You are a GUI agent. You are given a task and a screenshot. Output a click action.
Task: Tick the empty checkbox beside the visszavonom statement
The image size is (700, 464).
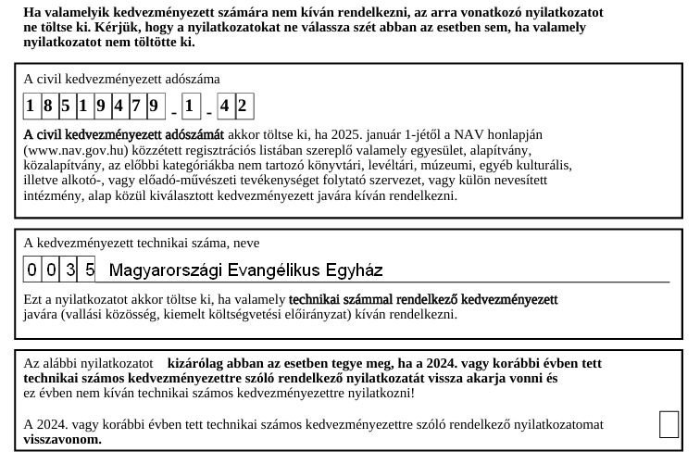(x=669, y=424)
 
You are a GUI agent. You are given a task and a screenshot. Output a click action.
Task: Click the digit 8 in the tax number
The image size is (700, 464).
(x=48, y=106)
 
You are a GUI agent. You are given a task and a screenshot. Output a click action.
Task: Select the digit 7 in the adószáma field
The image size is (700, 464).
(x=137, y=106)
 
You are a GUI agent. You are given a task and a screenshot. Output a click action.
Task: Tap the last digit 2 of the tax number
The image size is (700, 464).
(x=244, y=106)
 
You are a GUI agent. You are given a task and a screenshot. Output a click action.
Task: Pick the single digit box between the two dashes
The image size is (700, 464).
(x=190, y=106)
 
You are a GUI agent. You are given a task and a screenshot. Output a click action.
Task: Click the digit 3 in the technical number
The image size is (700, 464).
(x=70, y=270)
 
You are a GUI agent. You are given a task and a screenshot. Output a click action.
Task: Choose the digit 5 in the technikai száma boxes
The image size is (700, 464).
(x=88, y=270)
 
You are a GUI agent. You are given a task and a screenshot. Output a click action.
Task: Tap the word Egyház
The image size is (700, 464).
(x=354, y=270)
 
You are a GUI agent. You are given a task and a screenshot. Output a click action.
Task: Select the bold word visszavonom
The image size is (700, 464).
(x=62, y=440)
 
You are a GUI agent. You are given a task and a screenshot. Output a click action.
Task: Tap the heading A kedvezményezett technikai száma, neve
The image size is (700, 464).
(x=142, y=243)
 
